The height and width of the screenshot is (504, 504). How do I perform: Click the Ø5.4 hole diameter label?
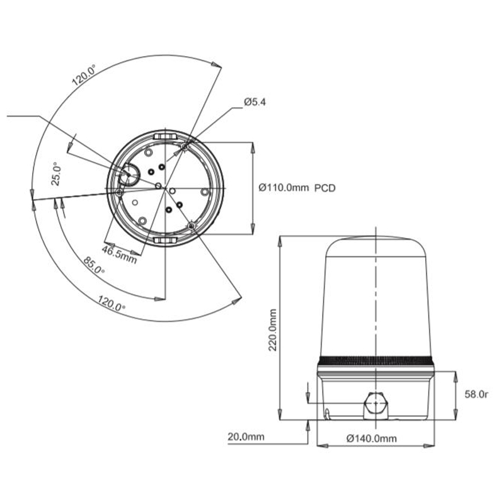pyautogui.click(x=255, y=102)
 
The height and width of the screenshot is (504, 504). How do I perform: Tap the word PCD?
pyautogui.click(x=324, y=187)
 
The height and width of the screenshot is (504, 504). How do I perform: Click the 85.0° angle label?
pyautogui.click(x=93, y=265)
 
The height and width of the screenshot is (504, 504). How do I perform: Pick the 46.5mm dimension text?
pyautogui.click(x=120, y=255)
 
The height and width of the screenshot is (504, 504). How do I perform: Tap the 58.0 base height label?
pyautogui.click(x=476, y=394)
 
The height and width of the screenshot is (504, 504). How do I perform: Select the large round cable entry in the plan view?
pyautogui.click(x=130, y=173)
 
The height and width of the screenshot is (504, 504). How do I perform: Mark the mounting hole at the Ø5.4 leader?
pyautogui.click(x=185, y=147)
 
